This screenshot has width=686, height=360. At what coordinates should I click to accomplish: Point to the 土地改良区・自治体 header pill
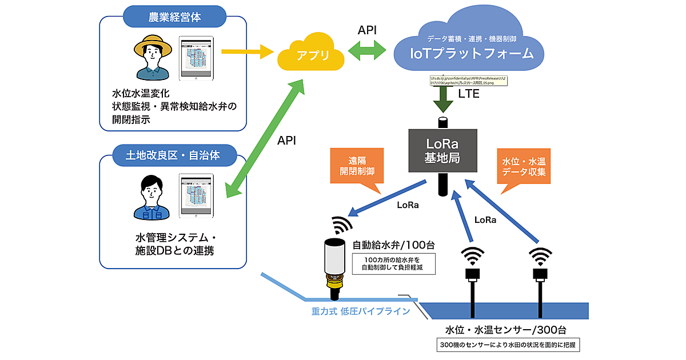tap(173, 153)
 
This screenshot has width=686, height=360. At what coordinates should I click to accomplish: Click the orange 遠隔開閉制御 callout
tap(354, 166)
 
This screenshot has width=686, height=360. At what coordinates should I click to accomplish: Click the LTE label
tap(469, 94)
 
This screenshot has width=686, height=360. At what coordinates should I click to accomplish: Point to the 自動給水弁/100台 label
tap(393, 246)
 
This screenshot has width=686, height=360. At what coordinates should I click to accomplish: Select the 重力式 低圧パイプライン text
tap(361, 311)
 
